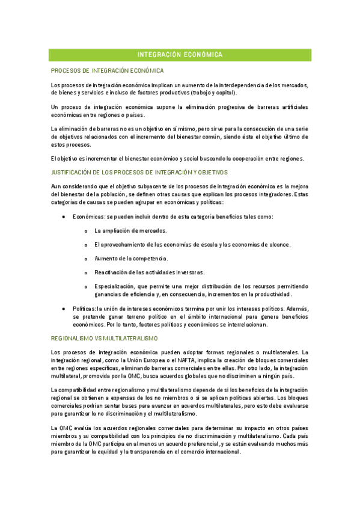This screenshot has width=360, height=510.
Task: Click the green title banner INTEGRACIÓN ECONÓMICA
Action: [180, 55]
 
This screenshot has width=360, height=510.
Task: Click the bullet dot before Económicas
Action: [64, 217]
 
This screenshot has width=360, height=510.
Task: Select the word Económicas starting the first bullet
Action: [86, 217]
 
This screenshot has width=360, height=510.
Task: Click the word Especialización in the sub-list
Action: [114, 286]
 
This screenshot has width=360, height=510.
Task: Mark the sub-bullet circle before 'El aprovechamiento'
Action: [86, 245]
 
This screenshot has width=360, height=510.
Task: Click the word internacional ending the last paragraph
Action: [222, 453]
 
